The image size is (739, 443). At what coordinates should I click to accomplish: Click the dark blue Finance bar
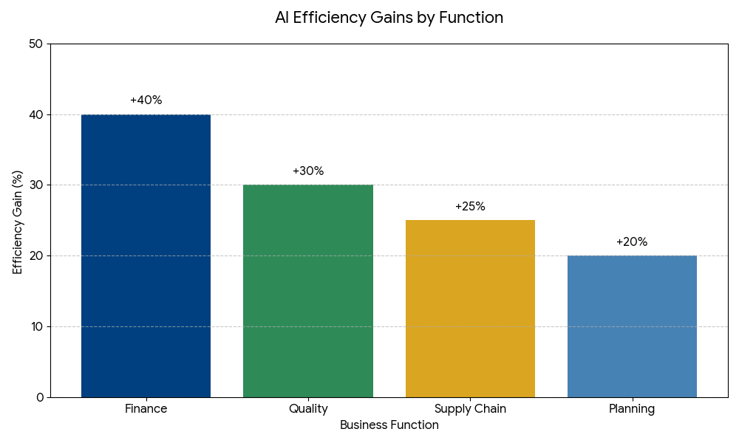(146, 255)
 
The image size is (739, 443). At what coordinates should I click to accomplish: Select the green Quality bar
(308, 291)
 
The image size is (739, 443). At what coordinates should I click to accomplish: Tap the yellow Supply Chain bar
(470, 309)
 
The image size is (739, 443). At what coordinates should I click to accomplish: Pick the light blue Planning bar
(632, 326)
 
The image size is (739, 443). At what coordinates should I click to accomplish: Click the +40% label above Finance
(146, 100)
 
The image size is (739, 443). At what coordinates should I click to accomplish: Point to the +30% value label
(308, 171)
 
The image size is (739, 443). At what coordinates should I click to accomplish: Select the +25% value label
(470, 207)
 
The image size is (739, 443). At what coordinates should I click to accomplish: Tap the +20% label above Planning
(632, 242)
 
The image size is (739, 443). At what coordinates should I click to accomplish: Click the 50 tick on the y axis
(35, 44)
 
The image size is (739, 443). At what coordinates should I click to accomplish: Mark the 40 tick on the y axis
(35, 114)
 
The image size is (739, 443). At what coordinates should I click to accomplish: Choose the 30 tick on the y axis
(35, 185)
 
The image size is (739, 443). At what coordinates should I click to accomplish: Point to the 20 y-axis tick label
(35, 256)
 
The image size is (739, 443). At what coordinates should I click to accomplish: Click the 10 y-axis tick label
(35, 326)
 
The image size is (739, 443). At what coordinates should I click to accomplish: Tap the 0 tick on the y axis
(39, 397)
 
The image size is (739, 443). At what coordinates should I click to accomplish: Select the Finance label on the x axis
(146, 409)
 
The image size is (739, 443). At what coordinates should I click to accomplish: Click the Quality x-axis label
(308, 409)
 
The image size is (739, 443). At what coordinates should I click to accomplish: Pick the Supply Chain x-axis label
(470, 409)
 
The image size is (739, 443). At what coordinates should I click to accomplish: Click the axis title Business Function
(389, 425)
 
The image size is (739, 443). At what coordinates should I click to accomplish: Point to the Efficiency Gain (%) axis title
(18, 221)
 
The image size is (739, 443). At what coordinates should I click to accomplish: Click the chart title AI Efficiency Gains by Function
(389, 18)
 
